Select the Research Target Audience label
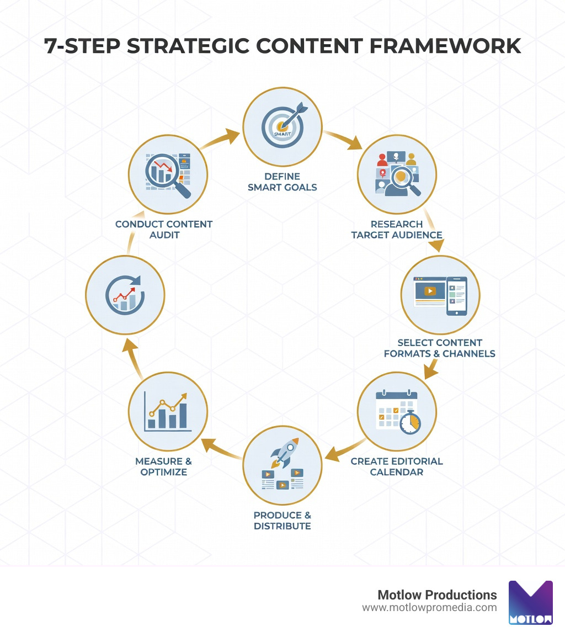(x=397, y=229)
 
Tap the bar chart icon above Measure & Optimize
(x=167, y=412)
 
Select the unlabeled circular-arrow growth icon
(x=125, y=295)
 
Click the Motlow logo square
(x=530, y=603)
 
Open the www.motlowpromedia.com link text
(x=429, y=608)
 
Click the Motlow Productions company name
(x=437, y=594)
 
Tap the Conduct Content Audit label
(x=164, y=229)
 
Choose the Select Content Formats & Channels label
(x=439, y=348)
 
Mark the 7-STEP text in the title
(x=83, y=46)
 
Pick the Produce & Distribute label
(x=282, y=521)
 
